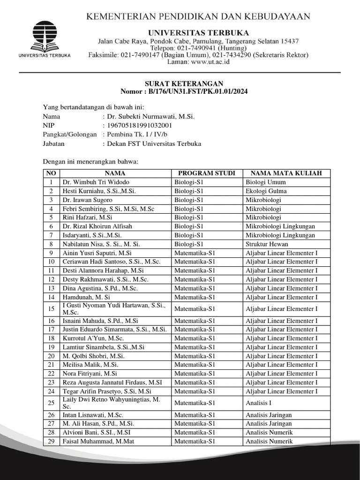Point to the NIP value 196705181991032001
[x=140, y=125]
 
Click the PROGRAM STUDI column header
[x=207, y=173]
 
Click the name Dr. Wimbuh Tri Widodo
[x=96, y=182]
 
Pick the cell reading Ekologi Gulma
[x=266, y=191]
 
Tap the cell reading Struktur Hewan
[x=267, y=244]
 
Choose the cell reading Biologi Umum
[x=265, y=182]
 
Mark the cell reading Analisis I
[x=258, y=403]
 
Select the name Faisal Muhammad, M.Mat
[x=97, y=441]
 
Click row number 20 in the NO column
[x=51, y=356]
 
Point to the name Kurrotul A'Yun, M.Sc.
[x=93, y=338]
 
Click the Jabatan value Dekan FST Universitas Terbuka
[x=154, y=143]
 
